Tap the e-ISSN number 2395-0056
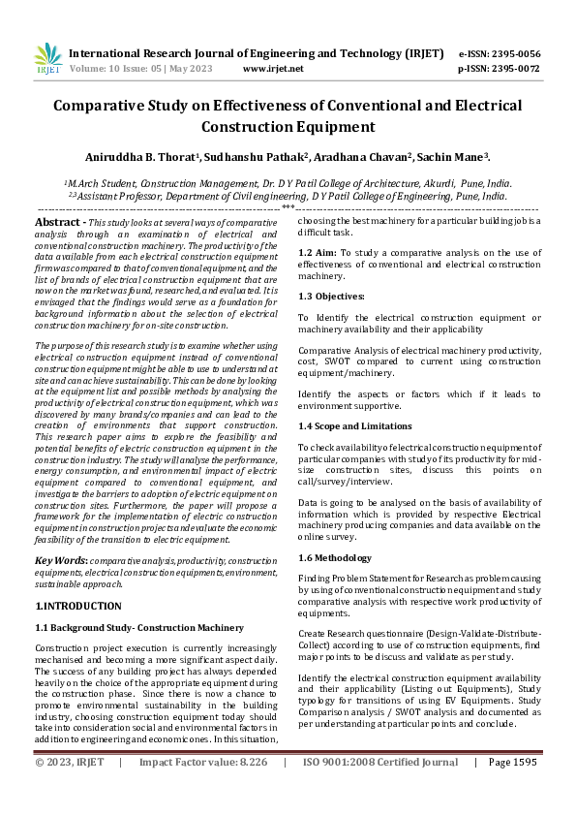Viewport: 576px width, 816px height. point(513,54)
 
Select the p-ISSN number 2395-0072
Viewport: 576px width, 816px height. point(513,69)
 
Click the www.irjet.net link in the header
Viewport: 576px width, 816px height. point(273,69)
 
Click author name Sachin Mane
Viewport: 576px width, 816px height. point(458,156)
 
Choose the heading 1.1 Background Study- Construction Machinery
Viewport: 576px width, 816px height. point(138,627)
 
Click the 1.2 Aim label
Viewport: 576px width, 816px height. point(317,252)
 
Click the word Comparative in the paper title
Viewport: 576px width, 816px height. point(101,105)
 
